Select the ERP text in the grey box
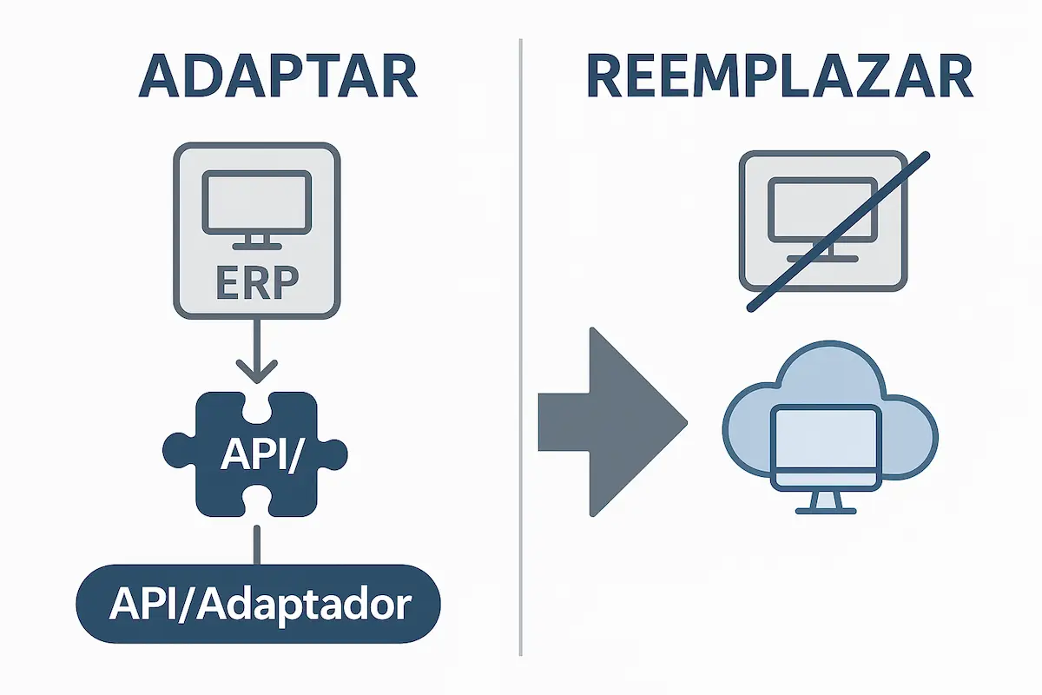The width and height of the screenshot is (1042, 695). point(256,283)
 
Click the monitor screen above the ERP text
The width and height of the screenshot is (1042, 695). point(256,201)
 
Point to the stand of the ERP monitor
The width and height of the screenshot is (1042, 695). point(256,241)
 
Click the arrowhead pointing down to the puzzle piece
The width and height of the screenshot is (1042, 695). point(256,372)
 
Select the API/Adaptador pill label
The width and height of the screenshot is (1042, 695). point(259,605)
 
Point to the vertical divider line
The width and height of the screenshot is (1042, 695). point(520,347)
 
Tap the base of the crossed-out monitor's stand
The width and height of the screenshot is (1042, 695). point(821,258)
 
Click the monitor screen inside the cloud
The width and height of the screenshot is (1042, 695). point(826,438)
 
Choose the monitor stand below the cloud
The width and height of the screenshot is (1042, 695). point(826,502)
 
